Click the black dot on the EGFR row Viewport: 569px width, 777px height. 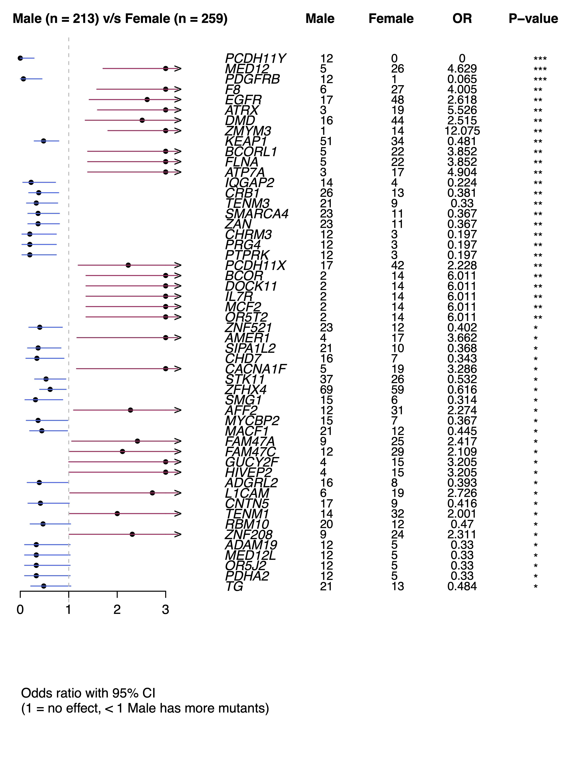pyautogui.click(x=147, y=100)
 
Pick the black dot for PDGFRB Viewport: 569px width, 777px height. pyautogui.click(x=23, y=79)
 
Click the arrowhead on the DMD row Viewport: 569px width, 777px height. pyautogui.click(x=178, y=120)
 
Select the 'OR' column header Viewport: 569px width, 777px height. pyautogui.click(x=462, y=19)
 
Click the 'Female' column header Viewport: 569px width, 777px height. pyautogui.click(x=391, y=19)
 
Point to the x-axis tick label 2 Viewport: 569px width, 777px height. pyautogui.click(x=117, y=610)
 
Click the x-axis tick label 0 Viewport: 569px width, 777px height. pyautogui.click(x=20, y=610)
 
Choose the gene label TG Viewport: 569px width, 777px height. pyautogui.click(x=234, y=586)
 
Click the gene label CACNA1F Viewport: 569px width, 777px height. pyautogui.click(x=256, y=369)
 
